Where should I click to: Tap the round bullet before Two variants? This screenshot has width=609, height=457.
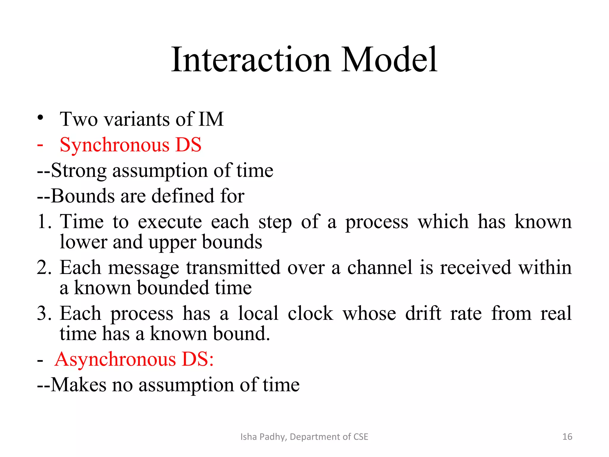[x=40, y=118]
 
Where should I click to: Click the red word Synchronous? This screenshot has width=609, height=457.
[x=114, y=145]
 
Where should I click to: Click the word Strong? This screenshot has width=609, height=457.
[x=79, y=171]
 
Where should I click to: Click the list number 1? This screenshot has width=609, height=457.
[x=44, y=222]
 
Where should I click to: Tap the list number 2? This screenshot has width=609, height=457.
[x=44, y=267]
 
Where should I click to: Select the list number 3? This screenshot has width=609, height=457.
[x=44, y=313]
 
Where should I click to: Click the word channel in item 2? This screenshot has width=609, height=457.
[x=380, y=267]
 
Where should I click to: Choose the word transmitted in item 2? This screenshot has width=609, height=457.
[x=233, y=267]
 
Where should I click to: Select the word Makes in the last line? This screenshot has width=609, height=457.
[x=79, y=385]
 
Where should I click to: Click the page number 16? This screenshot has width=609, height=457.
[x=567, y=437]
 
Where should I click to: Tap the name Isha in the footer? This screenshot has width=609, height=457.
[x=249, y=437]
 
